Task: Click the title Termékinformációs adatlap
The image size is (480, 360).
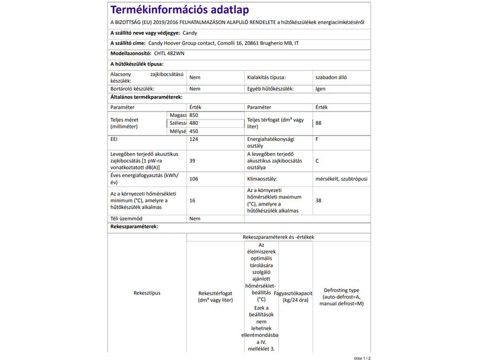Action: pos(179,10)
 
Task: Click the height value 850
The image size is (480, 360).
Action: pos(193,115)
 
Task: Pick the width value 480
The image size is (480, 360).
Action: pos(193,123)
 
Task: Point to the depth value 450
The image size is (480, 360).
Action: pos(193,131)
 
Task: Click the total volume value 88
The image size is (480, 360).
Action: pos(319,123)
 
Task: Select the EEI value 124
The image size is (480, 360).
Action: pos(194,139)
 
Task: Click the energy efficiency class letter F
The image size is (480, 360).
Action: pos(317,139)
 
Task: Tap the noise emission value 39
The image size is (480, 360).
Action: pos(192,161)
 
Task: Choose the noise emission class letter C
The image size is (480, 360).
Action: pos(317,161)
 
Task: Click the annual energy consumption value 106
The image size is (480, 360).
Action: pos(194,179)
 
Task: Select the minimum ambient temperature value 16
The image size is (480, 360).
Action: pos(192,200)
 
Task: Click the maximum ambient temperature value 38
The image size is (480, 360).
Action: pos(319,200)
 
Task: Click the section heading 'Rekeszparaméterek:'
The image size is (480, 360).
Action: pos(133,227)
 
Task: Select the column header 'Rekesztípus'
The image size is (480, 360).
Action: pos(147,293)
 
